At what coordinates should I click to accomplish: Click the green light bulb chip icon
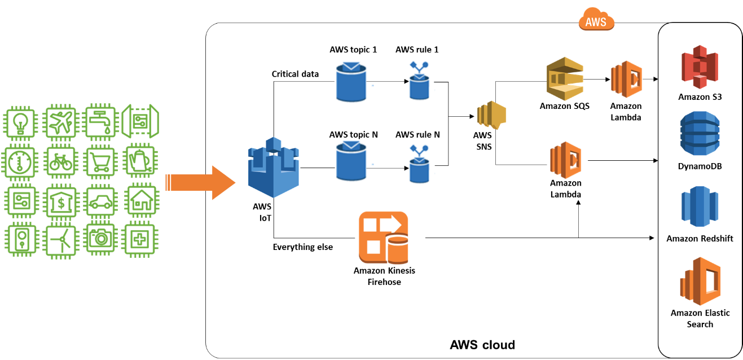click(x=20, y=122)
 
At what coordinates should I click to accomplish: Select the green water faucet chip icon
click(x=100, y=122)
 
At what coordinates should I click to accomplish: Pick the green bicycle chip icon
click(x=59, y=162)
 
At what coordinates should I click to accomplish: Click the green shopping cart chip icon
click(x=100, y=162)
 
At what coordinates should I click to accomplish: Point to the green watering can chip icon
click(x=140, y=161)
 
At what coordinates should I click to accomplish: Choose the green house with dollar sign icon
click(x=60, y=201)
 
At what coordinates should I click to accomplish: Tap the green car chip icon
click(x=100, y=201)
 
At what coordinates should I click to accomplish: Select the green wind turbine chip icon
click(x=60, y=240)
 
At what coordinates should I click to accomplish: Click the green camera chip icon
click(x=100, y=238)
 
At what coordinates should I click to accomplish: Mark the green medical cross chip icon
click(x=139, y=239)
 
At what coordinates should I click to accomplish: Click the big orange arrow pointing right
click(x=201, y=183)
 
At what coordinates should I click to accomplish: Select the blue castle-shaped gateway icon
click(x=274, y=168)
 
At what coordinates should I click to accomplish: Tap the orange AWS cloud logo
click(x=596, y=20)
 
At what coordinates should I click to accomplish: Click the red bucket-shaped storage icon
click(x=700, y=67)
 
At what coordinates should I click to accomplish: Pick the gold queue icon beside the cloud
click(x=565, y=78)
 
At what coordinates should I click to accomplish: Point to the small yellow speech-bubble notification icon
click(x=492, y=115)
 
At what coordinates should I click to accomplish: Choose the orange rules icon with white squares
click(x=384, y=237)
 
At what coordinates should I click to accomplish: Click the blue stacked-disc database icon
click(x=700, y=133)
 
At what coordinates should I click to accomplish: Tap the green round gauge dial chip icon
click(x=20, y=162)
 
